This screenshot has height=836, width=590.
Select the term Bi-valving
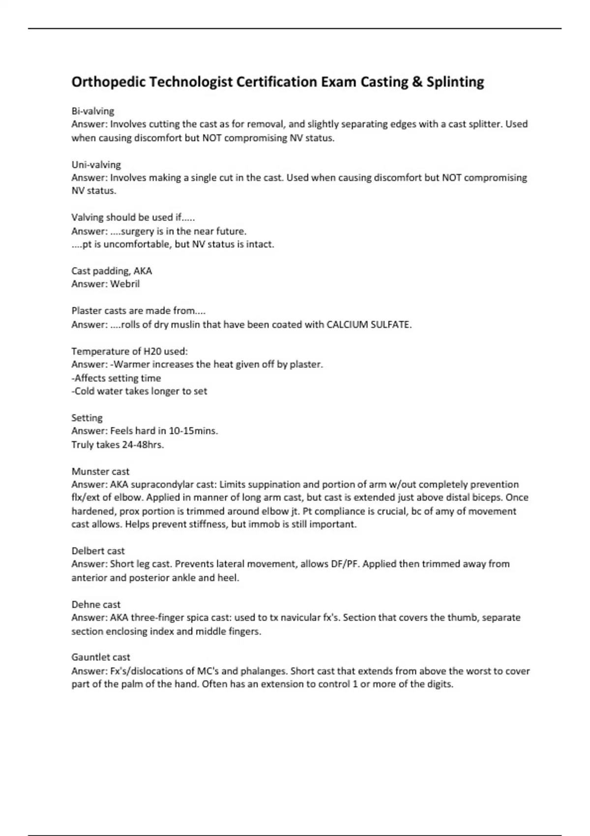[x=93, y=111]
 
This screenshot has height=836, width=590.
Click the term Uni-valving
[x=96, y=165]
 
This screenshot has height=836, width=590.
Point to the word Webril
[x=125, y=284]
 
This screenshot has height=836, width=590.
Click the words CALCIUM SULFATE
[x=369, y=325]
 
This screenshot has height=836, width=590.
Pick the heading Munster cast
[x=100, y=471]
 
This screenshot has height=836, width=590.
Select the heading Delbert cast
[x=98, y=551]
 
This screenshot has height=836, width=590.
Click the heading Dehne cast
[x=96, y=604]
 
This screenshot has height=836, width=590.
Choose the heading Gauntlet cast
[x=101, y=657]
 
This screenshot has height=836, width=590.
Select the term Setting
[x=87, y=418]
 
